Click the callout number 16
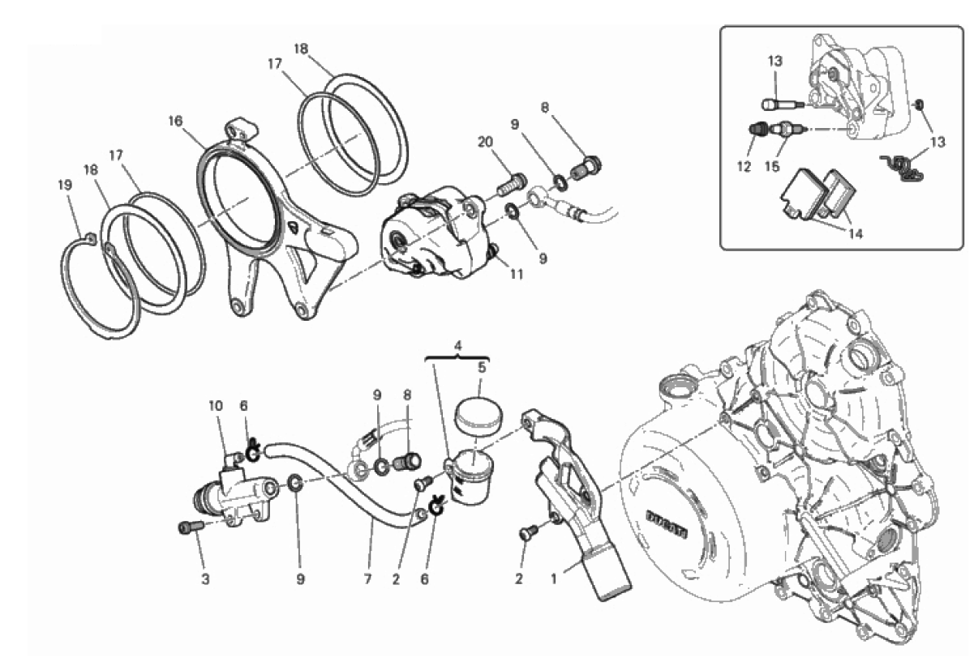tap(176, 122)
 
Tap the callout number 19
tap(65, 186)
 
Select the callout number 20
tap(486, 142)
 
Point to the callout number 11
tap(517, 274)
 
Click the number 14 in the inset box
tap(856, 233)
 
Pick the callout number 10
tap(216, 406)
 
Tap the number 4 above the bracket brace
tap(457, 346)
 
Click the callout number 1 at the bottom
tap(554, 579)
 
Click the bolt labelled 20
tap(512, 186)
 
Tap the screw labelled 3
tap(191, 527)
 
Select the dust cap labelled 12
tap(758, 130)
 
